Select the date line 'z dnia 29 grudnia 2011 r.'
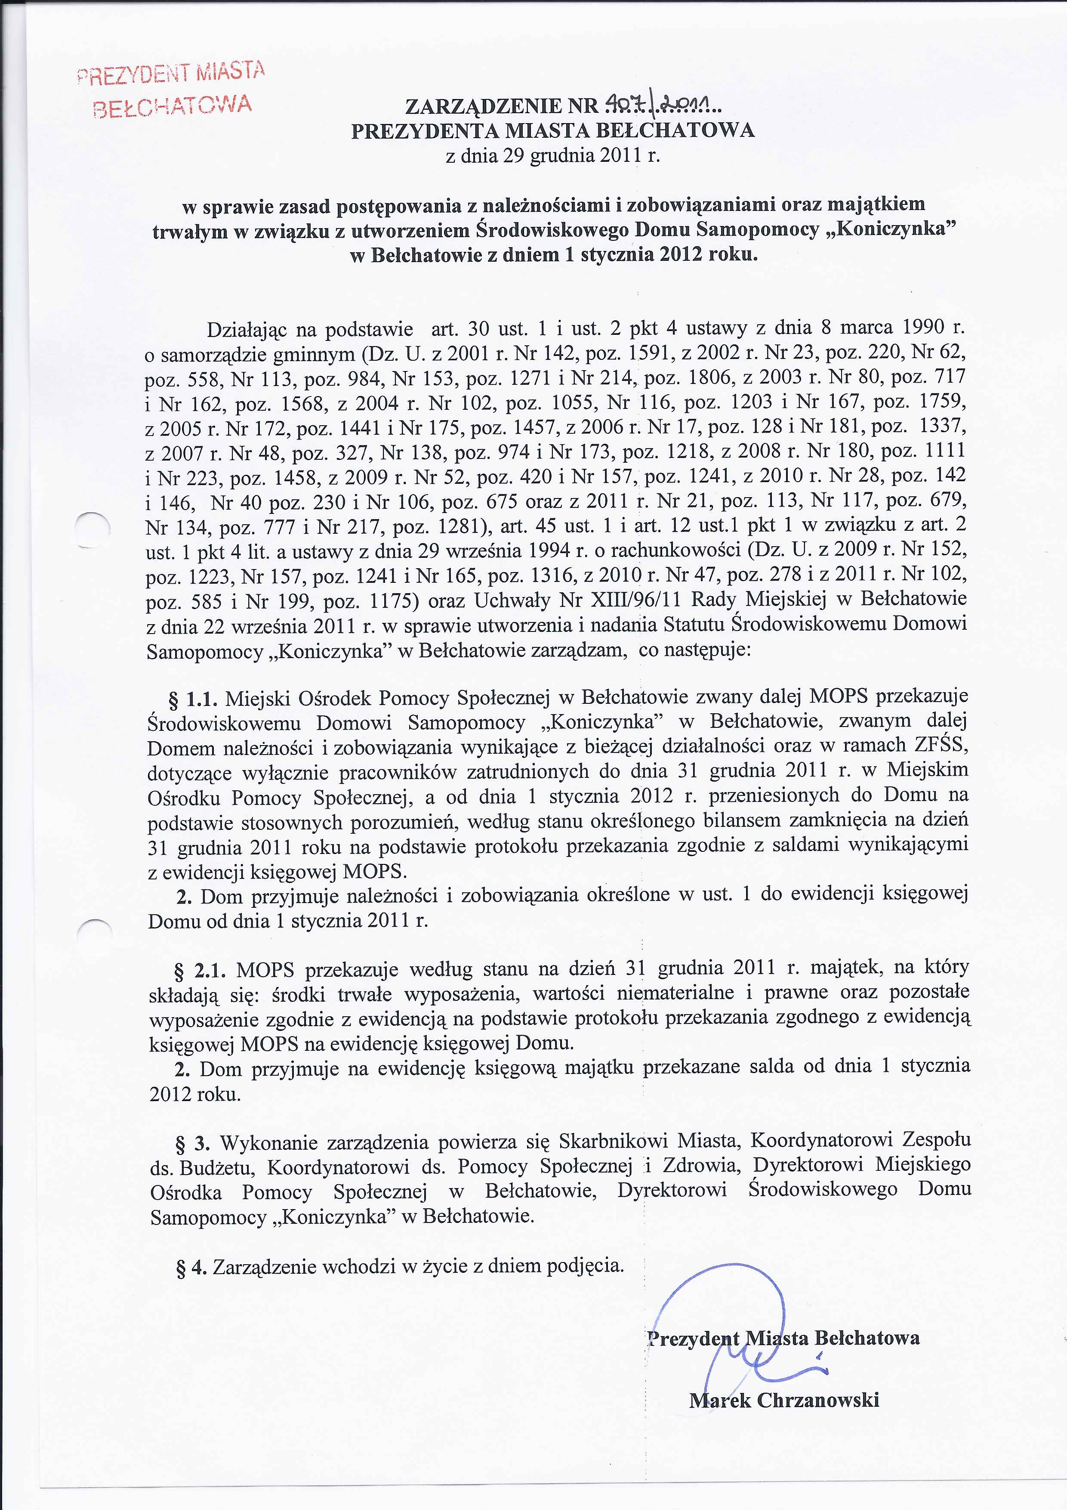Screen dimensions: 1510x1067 552,157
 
